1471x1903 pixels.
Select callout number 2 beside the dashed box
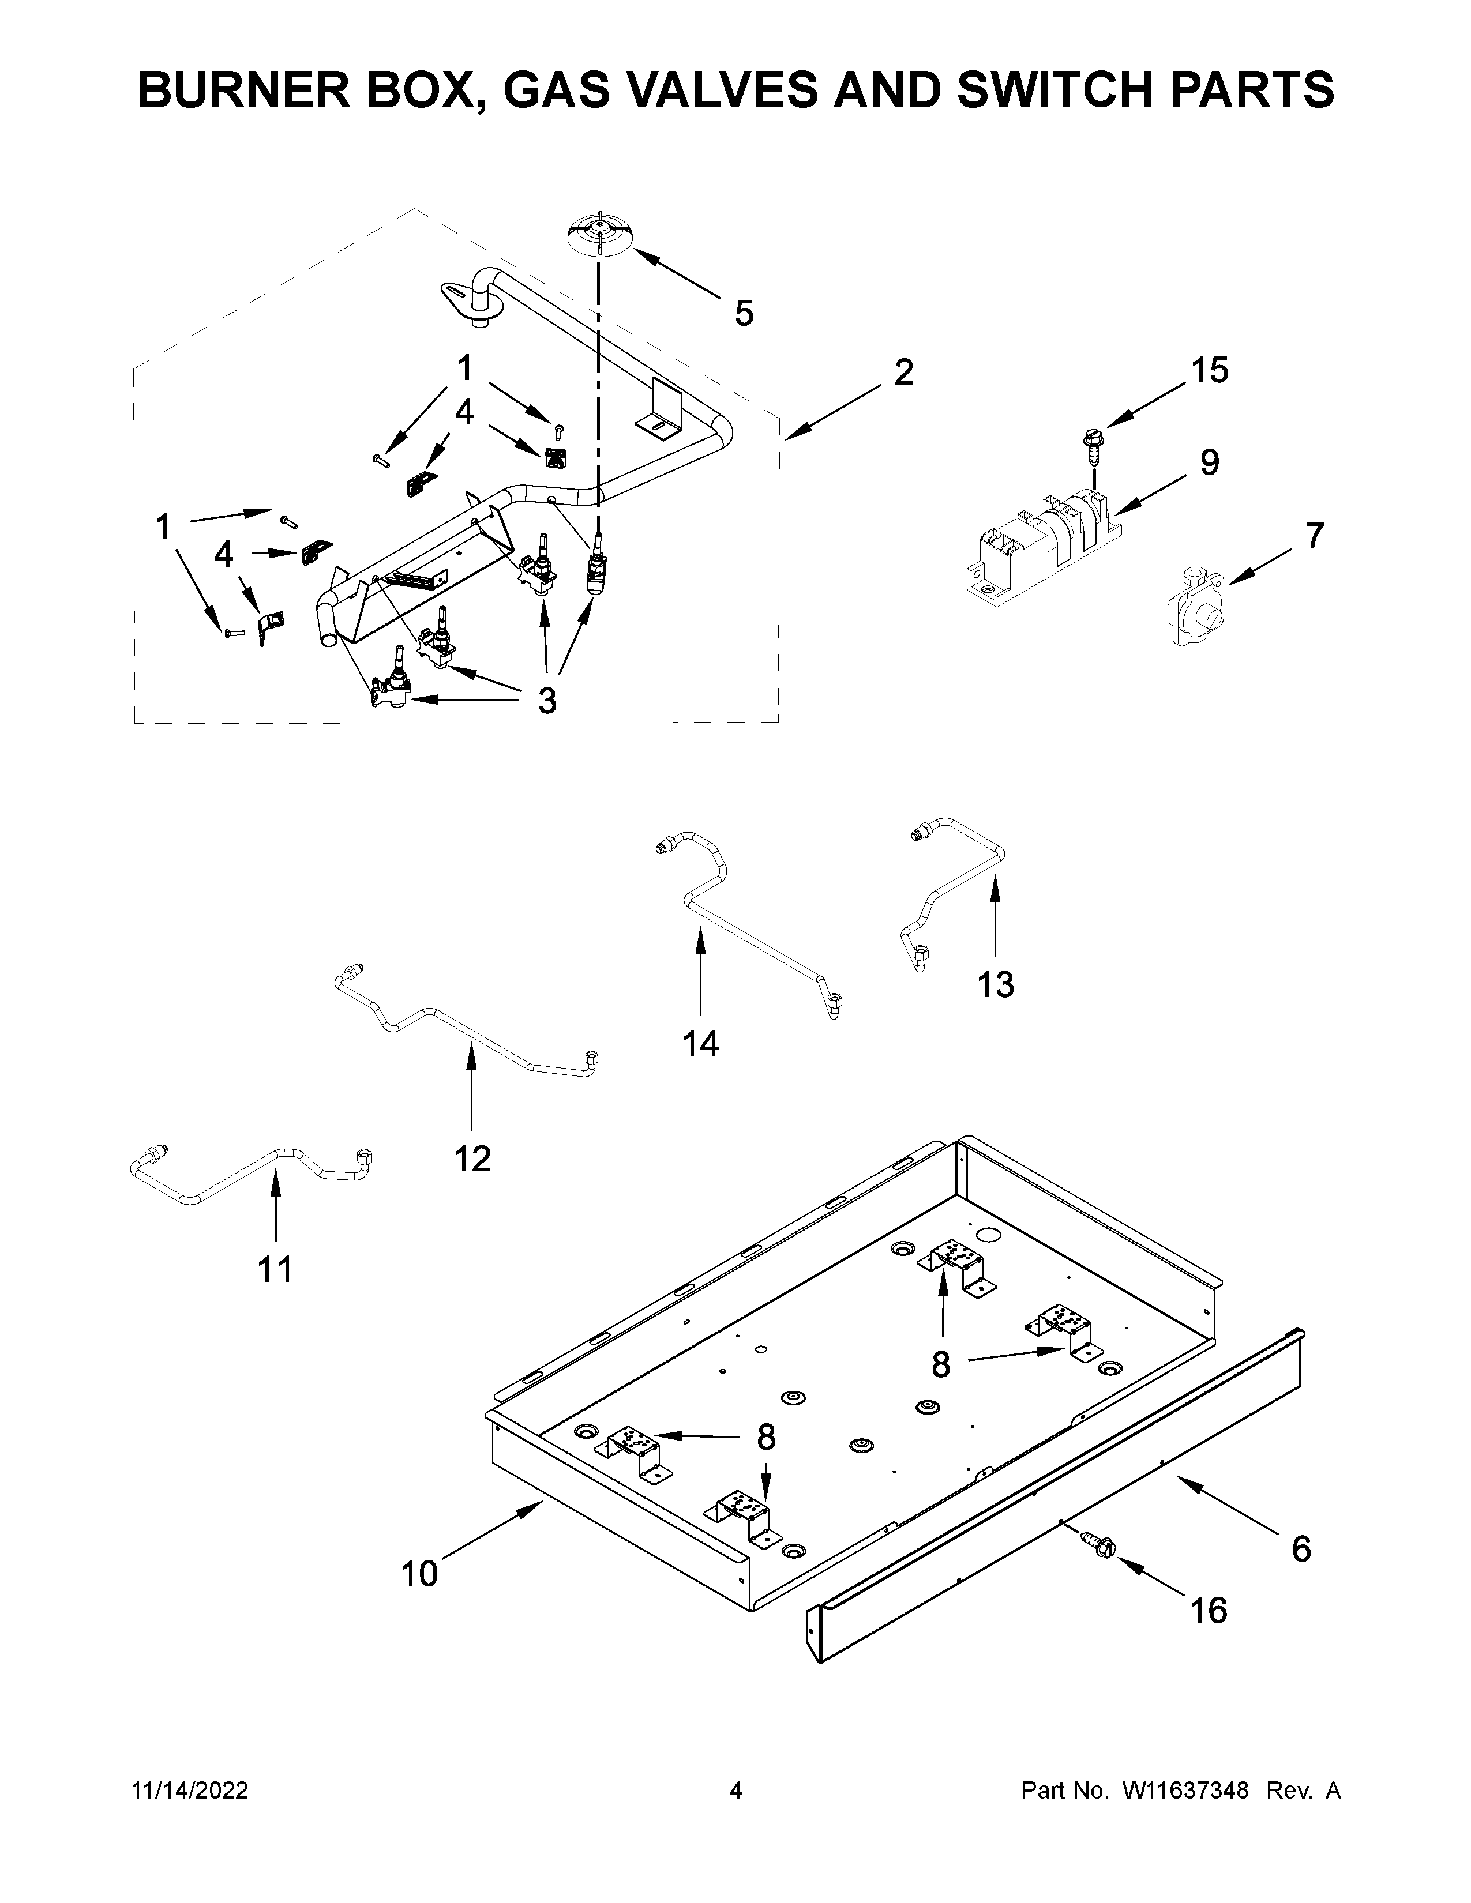click(x=904, y=373)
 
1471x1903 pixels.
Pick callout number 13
click(x=995, y=984)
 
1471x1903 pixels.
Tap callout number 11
click(x=275, y=1270)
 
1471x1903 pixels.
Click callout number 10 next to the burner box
click(x=419, y=1574)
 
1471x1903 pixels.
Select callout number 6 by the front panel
click(x=1300, y=1550)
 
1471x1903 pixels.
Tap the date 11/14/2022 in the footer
click(x=190, y=1791)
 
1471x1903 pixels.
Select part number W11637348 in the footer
click(x=1185, y=1791)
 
